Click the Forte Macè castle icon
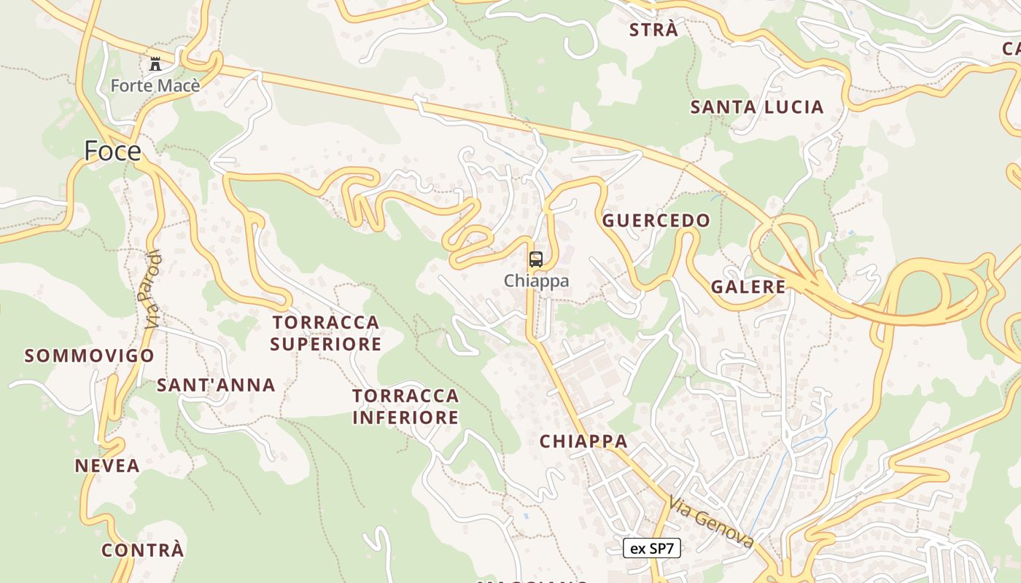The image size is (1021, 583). (x=155, y=64)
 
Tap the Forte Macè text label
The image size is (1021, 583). (x=155, y=86)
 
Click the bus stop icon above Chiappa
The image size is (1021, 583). (x=536, y=259)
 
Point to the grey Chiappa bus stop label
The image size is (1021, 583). (x=536, y=281)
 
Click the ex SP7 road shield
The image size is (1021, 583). (x=652, y=549)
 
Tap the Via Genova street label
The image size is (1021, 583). (x=711, y=522)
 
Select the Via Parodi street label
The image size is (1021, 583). (x=152, y=290)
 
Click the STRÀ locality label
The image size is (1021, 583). (x=653, y=31)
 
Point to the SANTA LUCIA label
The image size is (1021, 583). (x=757, y=107)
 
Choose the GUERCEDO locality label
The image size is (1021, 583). (x=656, y=221)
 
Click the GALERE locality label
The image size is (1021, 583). (x=748, y=287)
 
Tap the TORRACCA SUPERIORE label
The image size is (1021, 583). (x=326, y=333)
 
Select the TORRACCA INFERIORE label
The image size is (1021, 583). (x=405, y=407)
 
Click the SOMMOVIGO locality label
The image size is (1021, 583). (x=89, y=356)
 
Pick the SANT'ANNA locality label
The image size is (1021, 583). (x=216, y=385)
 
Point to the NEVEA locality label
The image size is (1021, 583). (x=107, y=466)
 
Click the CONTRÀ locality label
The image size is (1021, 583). (x=143, y=550)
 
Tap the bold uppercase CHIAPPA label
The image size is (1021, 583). (x=583, y=441)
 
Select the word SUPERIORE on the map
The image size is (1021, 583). (x=326, y=344)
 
